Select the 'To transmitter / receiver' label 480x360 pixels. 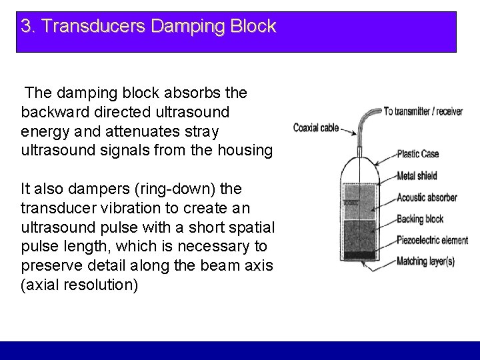[423, 111]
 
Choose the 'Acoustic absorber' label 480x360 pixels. [427, 197]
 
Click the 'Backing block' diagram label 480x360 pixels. [419, 218]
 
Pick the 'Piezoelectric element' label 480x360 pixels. [432, 240]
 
